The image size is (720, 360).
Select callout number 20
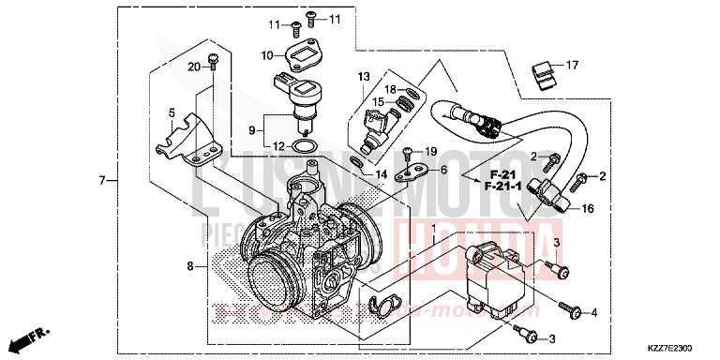coord(194,67)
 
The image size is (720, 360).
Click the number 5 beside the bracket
coord(172,113)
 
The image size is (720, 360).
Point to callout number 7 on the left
coord(100,178)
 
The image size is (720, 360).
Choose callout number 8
coord(190,267)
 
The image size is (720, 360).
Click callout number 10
coord(267,55)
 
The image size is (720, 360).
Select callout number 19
coord(431,151)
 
